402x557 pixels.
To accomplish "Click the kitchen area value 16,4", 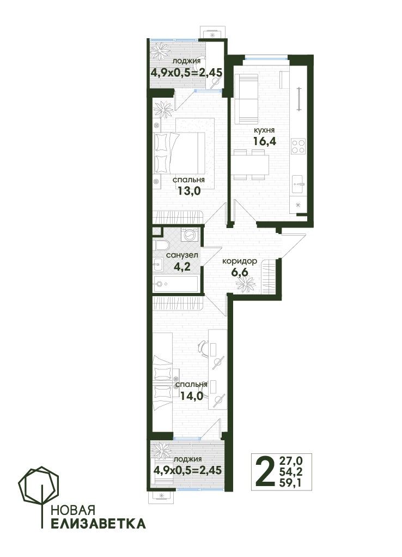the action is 265,141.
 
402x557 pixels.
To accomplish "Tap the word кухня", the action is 264,130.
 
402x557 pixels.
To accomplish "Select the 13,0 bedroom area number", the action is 189,191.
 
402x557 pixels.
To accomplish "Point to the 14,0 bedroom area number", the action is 192,396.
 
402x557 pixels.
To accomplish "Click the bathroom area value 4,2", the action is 182,266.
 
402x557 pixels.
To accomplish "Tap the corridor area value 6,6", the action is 239,273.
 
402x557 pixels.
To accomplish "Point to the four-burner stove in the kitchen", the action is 297,147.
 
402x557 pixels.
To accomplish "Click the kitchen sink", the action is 297,184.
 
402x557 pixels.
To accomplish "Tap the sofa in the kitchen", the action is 246,99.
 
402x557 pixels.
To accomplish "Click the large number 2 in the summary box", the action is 265,472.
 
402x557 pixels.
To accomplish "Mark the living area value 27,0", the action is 291,461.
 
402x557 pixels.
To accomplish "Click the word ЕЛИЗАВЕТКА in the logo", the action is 98,524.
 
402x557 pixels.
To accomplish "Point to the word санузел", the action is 182,255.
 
